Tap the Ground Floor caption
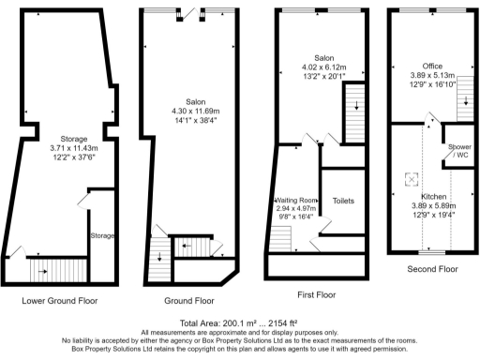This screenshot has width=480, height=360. (x=188, y=301)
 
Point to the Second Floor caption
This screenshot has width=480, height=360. (x=431, y=269)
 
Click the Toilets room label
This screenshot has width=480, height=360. (x=343, y=200)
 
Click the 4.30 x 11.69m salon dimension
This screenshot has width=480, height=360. (x=188, y=110)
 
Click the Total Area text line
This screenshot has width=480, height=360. (x=240, y=323)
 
